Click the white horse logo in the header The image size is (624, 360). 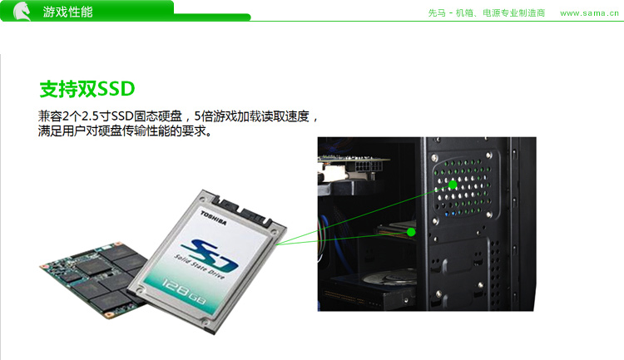coord(22,11)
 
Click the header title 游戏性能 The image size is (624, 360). coord(67,12)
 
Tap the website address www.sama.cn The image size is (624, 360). coord(589,13)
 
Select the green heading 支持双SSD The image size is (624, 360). coord(87,89)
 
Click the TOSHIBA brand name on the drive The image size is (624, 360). coord(213,218)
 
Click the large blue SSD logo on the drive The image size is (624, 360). coord(209,254)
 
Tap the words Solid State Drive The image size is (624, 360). coord(200,267)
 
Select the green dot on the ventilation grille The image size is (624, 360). coord(453,185)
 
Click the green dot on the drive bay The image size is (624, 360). coord(411,231)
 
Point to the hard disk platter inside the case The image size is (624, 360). coord(391,277)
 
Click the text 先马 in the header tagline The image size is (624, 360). coord(437,13)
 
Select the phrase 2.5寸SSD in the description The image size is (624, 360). coord(107,116)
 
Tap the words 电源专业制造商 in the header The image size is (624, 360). coord(513,13)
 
